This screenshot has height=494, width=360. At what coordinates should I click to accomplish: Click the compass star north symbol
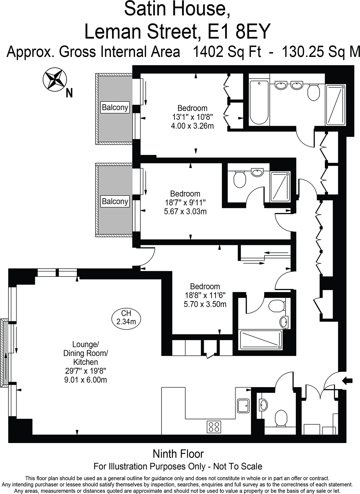(55, 80)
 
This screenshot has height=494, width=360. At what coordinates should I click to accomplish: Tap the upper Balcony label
(115, 108)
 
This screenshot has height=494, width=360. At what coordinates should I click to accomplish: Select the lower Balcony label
(115, 201)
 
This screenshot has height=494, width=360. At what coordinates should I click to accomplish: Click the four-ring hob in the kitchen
(214, 426)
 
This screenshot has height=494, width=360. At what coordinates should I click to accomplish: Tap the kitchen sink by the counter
(243, 406)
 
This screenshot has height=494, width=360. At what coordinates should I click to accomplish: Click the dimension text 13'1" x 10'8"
(192, 117)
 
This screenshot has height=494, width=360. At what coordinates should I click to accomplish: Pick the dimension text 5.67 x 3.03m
(185, 212)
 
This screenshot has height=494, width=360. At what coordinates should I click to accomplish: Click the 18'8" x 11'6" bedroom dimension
(205, 295)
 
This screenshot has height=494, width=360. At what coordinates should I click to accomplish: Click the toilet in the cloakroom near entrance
(281, 417)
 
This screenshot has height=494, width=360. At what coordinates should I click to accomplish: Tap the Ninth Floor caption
(178, 454)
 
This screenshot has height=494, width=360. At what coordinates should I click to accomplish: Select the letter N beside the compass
(69, 93)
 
